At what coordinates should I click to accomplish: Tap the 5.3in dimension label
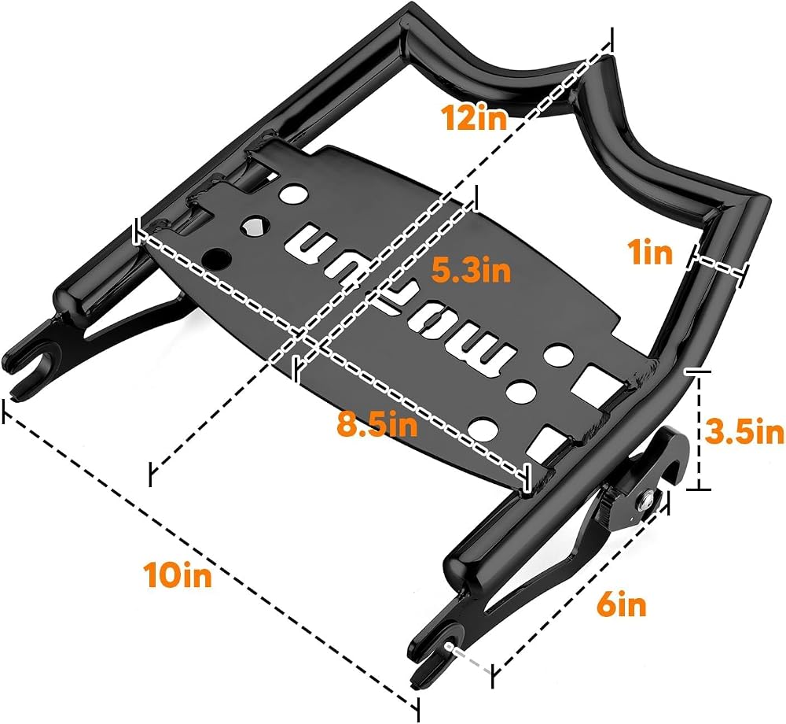[x=471, y=270]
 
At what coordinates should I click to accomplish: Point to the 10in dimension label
[x=178, y=575]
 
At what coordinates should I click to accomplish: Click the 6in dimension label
[x=621, y=604]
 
